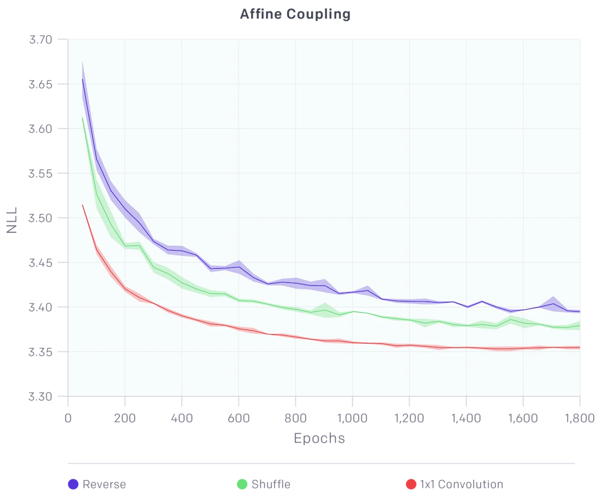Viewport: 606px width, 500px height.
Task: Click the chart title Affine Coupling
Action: click(x=295, y=14)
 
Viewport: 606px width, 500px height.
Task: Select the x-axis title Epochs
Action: click(x=319, y=438)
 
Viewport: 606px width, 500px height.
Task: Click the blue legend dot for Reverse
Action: click(x=73, y=484)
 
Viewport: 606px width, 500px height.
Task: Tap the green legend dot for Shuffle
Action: click(x=242, y=484)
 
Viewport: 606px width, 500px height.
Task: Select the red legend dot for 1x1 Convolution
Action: click(x=411, y=484)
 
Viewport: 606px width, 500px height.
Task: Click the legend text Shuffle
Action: click(x=271, y=484)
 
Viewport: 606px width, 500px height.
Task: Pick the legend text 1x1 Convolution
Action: click(x=462, y=484)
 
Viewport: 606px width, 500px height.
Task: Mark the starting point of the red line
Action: click(x=82, y=205)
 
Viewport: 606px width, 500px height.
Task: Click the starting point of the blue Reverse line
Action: click(x=82, y=79)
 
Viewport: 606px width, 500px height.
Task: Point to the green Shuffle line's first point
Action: click(x=82, y=118)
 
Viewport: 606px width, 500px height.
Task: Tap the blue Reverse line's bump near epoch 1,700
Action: click(x=554, y=304)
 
